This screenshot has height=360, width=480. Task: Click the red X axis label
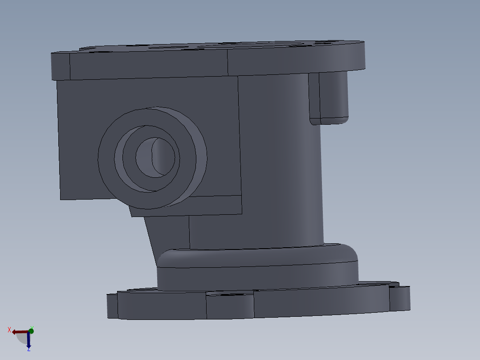click(9, 330)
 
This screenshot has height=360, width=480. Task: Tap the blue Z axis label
click(28, 349)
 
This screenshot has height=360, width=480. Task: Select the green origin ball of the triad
click(31, 331)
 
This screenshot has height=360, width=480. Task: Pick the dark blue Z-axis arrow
click(28, 341)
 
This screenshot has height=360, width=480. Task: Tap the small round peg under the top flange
click(333, 96)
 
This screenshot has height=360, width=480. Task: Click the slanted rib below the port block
click(167, 232)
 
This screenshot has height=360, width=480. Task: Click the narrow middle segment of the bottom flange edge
click(230, 307)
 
